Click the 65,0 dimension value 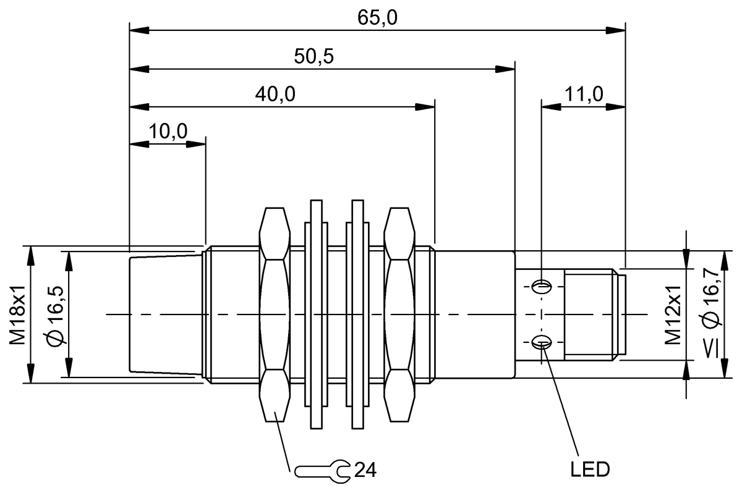coord(377,17)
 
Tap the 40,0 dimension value coord(275,95)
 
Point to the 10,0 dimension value coord(168,132)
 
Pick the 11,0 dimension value coord(583,95)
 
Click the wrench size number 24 coord(365,471)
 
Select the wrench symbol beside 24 coord(322,471)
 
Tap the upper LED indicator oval coord(543,286)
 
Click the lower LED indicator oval coord(543,341)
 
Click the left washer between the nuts coord(316,314)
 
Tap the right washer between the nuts coord(357,314)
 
